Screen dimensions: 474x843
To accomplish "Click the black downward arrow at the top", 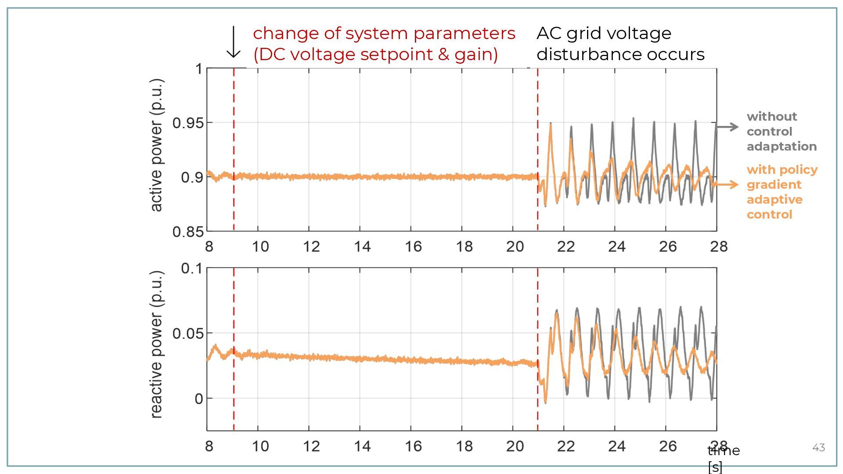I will click(x=234, y=42).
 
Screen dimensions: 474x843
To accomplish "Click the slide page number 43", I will click(x=818, y=448).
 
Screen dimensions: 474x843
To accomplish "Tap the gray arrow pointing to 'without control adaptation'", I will click(x=728, y=127).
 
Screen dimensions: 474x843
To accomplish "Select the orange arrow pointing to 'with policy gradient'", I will click(x=726, y=185).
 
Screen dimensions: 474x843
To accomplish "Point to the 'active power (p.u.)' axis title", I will click(x=156, y=145).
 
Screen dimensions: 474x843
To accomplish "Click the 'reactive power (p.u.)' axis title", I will click(x=156, y=345).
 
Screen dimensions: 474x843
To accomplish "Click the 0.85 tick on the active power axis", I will click(x=188, y=232).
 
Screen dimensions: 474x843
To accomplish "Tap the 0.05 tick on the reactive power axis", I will click(x=188, y=334).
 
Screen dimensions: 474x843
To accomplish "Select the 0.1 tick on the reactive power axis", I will click(x=192, y=268).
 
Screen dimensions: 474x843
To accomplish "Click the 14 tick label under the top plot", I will click(x=362, y=247).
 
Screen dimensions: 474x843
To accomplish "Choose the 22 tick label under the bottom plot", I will click(x=566, y=446).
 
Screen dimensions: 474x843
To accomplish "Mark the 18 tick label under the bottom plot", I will click(x=464, y=446).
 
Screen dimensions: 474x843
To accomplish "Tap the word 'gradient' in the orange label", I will click(x=774, y=185).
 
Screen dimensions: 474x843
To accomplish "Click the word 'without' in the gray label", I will click(x=771, y=117).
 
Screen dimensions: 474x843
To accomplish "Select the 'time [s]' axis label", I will click(x=723, y=458).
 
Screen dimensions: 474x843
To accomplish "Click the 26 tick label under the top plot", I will click(x=667, y=247).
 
